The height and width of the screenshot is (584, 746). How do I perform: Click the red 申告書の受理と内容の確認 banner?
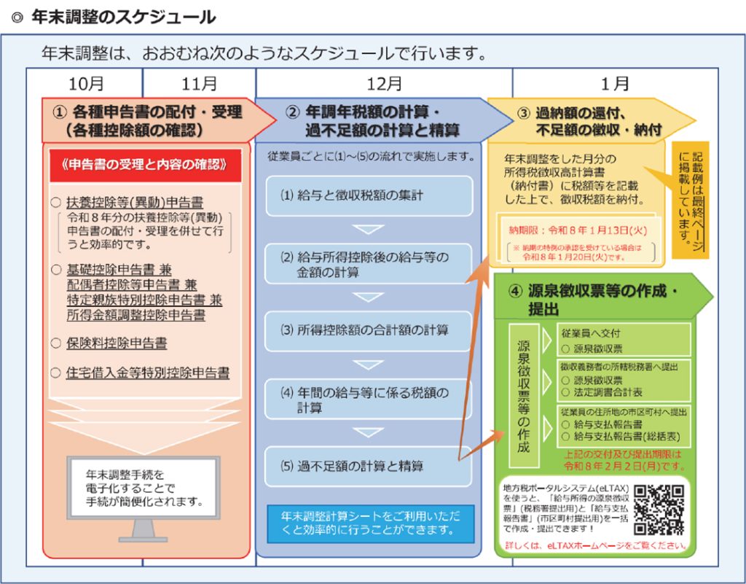click(x=144, y=165)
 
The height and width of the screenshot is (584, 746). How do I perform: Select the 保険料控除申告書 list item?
click(x=117, y=343)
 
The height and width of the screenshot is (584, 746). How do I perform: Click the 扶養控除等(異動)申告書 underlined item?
click(x=135, y=202)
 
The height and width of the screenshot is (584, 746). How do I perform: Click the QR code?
click(x=659, y=510)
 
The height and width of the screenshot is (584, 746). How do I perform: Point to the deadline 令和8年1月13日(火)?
click(x=576, y=230)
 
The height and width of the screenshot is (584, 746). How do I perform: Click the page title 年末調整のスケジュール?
click(x=123, y=17)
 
